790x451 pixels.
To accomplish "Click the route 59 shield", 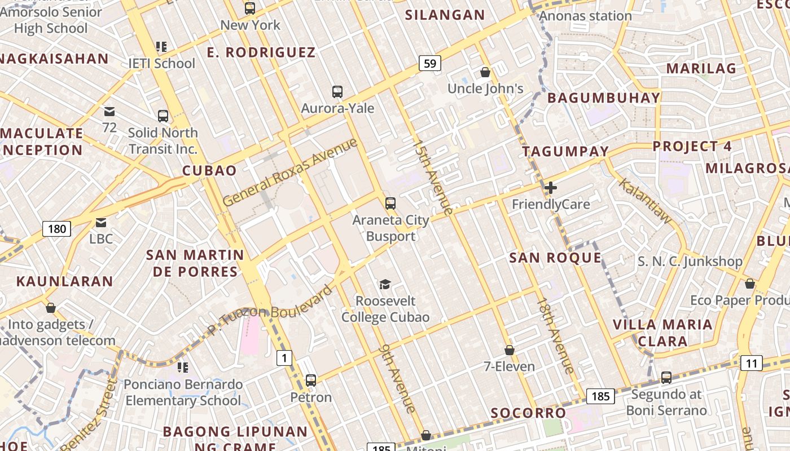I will point(429,63).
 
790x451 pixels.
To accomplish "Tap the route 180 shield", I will point(56,228).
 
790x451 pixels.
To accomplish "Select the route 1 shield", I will point(284,357).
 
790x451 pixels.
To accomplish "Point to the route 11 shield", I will point(751,363).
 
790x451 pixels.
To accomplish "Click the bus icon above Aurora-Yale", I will point(337,91).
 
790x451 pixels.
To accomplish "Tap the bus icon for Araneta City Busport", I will point(390,204).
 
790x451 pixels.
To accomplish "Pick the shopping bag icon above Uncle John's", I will point(485,72).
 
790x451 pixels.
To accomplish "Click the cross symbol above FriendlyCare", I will point(551,188).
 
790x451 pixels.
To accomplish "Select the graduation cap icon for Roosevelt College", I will point(385,284).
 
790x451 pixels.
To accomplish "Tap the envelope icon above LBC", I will point(101,223).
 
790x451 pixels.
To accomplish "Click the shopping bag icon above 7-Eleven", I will point(509,351).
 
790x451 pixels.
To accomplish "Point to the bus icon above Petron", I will point(311,380).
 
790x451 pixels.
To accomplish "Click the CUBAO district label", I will point(209,171).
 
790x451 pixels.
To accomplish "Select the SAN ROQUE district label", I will point(555,258).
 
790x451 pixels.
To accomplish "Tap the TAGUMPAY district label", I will point(565,151).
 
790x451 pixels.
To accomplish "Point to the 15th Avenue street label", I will point(432,178).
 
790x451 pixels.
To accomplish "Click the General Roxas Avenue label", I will point(290,172).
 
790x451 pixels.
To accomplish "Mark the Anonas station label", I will point(585,16).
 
